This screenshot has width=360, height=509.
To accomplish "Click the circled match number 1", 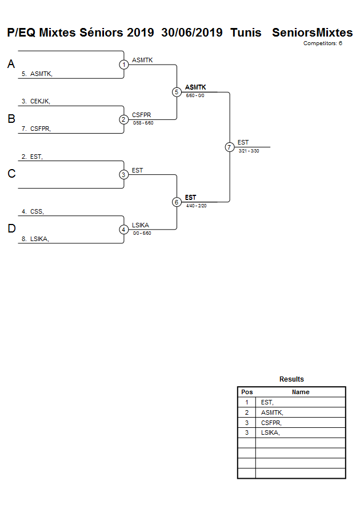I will [124, 65].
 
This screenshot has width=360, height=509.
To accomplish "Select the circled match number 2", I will [124, 119].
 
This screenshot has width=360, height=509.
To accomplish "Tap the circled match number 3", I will [124, 175].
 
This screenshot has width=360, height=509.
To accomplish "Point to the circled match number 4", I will [124, 230].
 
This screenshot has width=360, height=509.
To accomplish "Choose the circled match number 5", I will [177, 92].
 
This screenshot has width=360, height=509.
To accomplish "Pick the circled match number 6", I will [177, 202].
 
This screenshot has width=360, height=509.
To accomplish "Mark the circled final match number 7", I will [230, 147].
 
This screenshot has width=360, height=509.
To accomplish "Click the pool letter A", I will [11, 65].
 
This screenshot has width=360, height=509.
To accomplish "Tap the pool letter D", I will [11, 229].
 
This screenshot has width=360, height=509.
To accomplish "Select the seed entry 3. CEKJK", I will [36, 101].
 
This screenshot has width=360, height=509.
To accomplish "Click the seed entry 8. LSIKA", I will [35, 239].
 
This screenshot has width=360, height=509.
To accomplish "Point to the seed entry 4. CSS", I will [33, 211].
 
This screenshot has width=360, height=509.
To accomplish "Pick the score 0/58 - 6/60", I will [143, 123].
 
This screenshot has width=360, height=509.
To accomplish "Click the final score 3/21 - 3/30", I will [249, 151].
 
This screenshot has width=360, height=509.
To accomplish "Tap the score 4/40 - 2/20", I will [196, 206].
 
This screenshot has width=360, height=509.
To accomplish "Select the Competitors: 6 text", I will [322, 43].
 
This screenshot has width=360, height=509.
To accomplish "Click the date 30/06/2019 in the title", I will [191, 33].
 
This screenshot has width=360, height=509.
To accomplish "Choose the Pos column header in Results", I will [247, 392].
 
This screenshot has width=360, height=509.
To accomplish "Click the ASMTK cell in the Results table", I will [272, 412].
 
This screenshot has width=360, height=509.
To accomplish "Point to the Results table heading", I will [291, 379].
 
